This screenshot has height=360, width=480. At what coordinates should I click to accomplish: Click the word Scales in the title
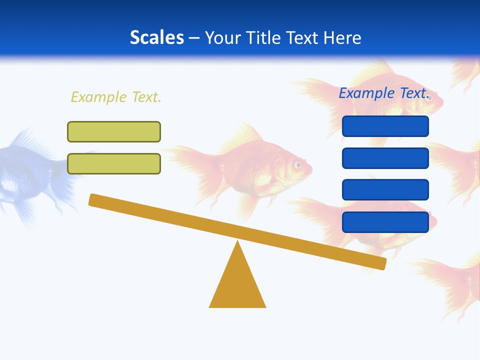coord(156,37)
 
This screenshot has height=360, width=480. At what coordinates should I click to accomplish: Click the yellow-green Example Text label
coord(116,97)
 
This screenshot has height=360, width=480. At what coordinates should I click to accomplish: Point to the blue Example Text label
coord(383,93)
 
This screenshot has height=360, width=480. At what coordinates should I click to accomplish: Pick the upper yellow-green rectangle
coord(114,131)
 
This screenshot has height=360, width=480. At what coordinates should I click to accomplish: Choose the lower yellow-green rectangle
coord(114,163)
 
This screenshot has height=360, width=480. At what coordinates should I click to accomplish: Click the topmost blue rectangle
coord(385,126)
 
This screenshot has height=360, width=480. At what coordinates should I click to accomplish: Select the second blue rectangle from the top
coord(385,158)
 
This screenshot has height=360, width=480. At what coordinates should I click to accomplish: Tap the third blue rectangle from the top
coord(385,189)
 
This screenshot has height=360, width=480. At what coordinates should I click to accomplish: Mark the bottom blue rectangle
coord(385,222)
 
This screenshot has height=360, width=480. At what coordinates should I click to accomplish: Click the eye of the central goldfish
coord(298,164)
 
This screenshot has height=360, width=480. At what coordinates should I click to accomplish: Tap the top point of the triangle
coord(237,242)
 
